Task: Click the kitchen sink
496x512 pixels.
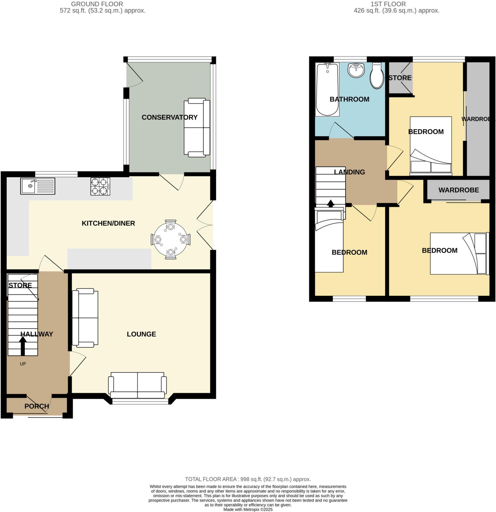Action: coord(37,186)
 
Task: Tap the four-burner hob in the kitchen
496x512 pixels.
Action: coord(100,186)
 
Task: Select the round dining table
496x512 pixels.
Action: coord(170,239)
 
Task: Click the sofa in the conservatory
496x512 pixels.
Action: coord(197,127)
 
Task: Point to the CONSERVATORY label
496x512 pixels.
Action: coord(169,117)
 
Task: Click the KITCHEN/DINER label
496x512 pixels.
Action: coord(108,223)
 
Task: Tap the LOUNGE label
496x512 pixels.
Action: coord(141,334)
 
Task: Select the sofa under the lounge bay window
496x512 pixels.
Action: coord(137,385)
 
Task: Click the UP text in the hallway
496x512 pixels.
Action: coord(23,364)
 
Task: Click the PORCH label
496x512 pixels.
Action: coord(36,406)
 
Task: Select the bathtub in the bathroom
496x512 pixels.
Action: coord(327,90)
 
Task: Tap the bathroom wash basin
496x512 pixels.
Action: coord(356,70)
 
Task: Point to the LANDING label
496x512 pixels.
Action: coord(349,172)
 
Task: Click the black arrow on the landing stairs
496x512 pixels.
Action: coord(331,203)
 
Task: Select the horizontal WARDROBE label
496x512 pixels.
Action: coord(458,190)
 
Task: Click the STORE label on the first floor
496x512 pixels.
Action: coord(400,78)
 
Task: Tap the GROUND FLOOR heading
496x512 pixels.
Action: coord(97,4)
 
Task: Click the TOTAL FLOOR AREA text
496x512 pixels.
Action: coord(248,479)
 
